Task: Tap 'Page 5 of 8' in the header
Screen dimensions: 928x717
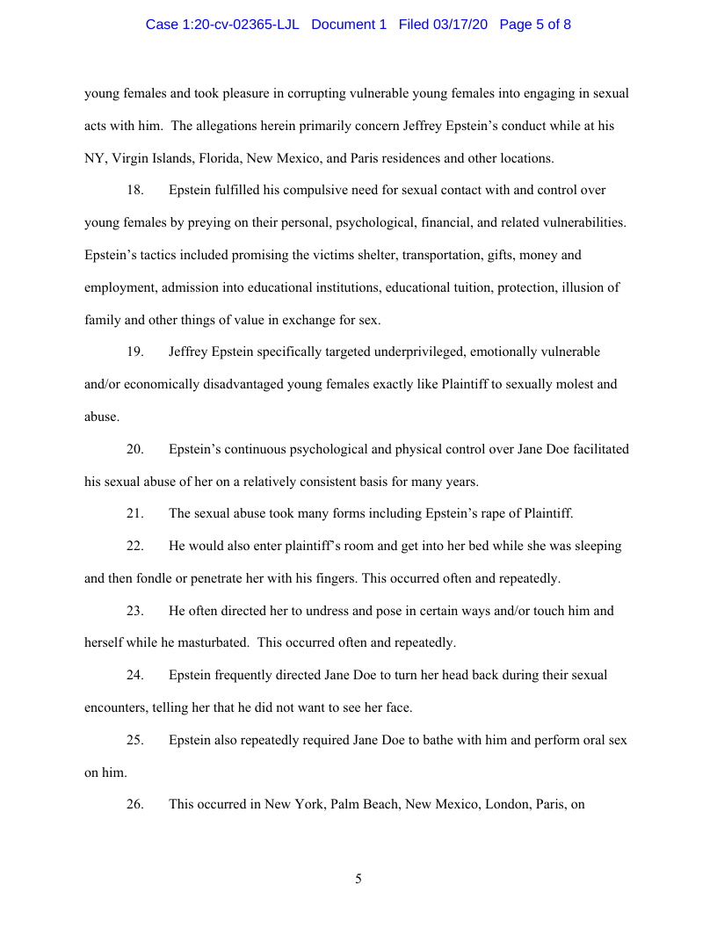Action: coord(535,25)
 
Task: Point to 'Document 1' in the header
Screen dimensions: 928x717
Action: coord(349,25)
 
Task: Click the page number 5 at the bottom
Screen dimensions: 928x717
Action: coord(358,879)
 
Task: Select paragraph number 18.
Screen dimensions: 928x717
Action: coord(134,190)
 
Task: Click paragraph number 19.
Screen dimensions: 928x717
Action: coord(134,352)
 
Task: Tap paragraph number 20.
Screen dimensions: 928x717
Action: coord(134,449)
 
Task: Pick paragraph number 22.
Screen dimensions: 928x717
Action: coord(134,546)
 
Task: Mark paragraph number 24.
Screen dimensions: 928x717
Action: coord(134,675)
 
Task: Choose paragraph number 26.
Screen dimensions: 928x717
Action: coord(134,804)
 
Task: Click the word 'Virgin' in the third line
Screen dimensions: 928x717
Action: coord(127,158)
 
